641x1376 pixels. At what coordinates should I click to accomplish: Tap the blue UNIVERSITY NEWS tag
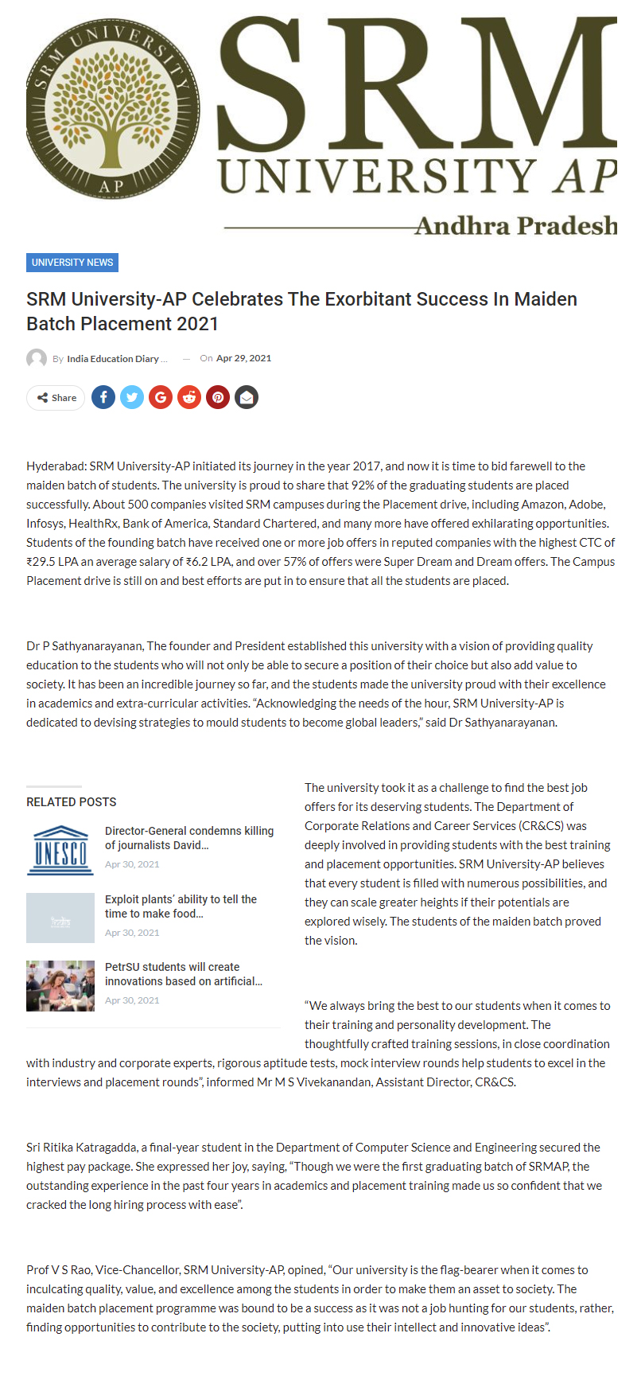(x=72, y=263)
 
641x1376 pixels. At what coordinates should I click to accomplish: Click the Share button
(x=56, y=398)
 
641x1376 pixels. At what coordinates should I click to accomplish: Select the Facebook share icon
(x=103, y=397)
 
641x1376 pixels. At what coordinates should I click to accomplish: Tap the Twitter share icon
(x=132, y=397)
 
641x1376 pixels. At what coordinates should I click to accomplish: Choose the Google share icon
(x=161, y=397)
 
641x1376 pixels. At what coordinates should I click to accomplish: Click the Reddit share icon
(x=189, y=397)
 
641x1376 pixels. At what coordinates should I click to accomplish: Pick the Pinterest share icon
(x=218, y=397)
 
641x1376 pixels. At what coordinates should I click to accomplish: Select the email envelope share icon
(x=247, y=397)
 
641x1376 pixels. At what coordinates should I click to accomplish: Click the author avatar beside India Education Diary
(x=37, y=359)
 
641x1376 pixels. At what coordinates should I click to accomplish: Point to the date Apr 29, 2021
(x=243, y=359)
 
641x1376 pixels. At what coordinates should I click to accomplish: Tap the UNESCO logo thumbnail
(x=60, y=849)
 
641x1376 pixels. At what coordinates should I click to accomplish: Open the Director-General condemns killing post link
(x=189, y=838)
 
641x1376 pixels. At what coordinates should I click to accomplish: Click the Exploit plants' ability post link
(x=181, y=906)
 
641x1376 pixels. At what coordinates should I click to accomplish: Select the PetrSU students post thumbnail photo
(x=60, y=985)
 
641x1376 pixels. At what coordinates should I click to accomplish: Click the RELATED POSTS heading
(x=72, y=802)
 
